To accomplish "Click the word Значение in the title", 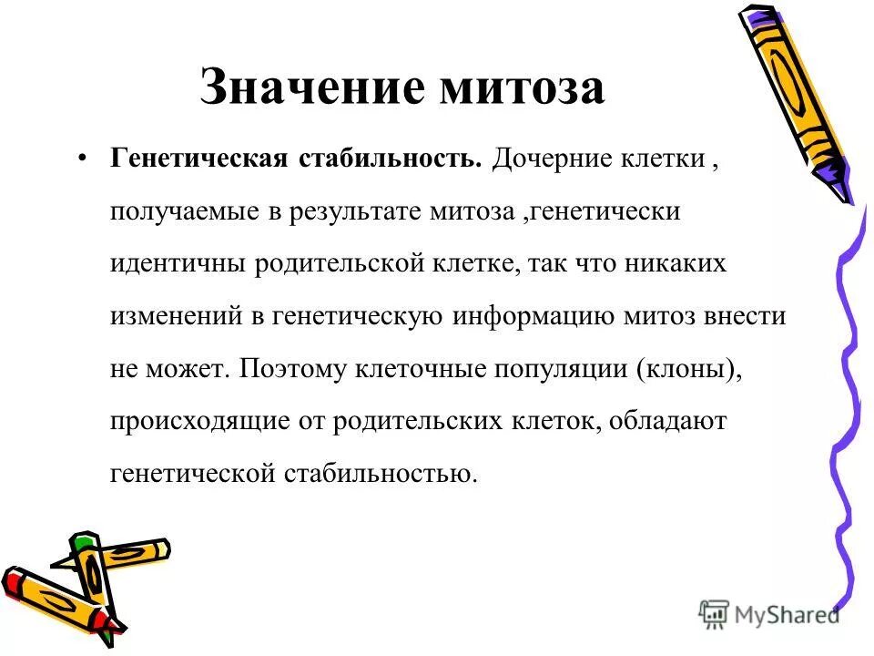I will (x=312, y=89).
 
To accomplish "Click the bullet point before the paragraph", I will (x=83, y=159).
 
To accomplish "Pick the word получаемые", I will (x=182, y=212).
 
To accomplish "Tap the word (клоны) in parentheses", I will (x=694, y=369).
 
